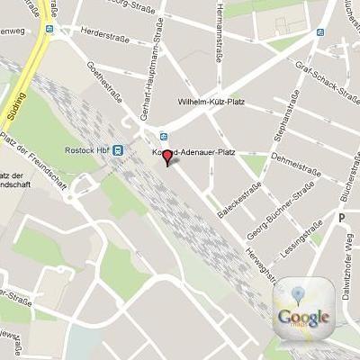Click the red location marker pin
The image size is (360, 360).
pos(167,158)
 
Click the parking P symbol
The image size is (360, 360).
pos(341,218)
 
